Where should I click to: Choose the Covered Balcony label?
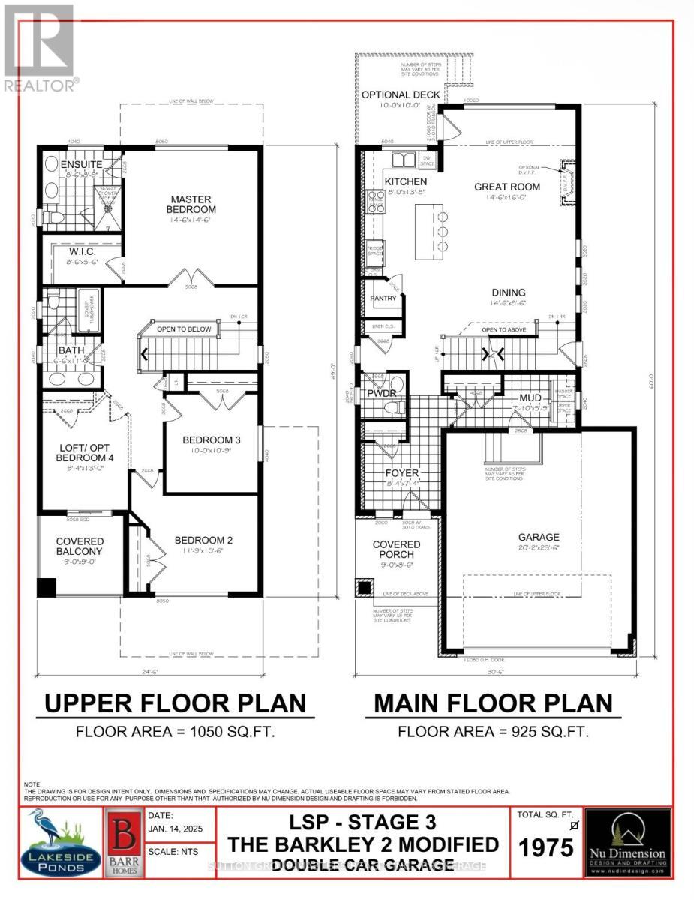pos(79,546)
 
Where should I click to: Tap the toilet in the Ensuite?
pos(52,218)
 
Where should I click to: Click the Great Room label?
pos(507,187)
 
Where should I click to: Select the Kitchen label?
pos(406,181)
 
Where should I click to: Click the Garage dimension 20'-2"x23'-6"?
pos(539,549)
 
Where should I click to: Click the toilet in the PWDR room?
pos(390,407)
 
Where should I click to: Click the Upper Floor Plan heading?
pos(175,703)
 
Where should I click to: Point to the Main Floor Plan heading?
pos(493,703)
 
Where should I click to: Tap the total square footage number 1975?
pos(546,847)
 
